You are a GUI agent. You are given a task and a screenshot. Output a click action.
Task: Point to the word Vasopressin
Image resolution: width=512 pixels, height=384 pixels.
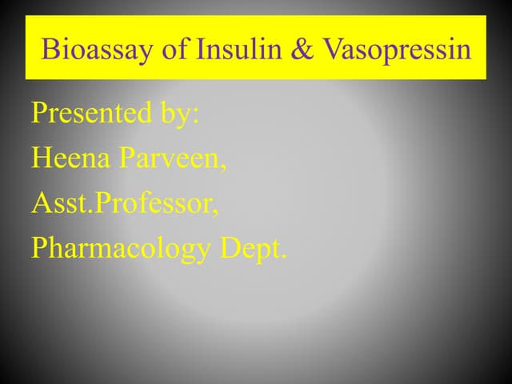397,51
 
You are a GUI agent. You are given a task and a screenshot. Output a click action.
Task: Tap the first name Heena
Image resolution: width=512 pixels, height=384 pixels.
70,158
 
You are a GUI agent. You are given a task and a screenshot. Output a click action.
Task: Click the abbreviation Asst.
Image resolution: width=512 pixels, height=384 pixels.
62,204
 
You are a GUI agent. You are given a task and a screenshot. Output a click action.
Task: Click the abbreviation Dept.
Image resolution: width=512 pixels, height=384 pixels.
253,250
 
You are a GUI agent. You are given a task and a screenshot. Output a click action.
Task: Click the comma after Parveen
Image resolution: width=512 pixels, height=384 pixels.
223,167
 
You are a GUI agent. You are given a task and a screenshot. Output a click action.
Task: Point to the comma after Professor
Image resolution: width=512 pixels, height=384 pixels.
216,213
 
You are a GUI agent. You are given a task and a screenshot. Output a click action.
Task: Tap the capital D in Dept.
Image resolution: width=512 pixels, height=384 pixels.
230,249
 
